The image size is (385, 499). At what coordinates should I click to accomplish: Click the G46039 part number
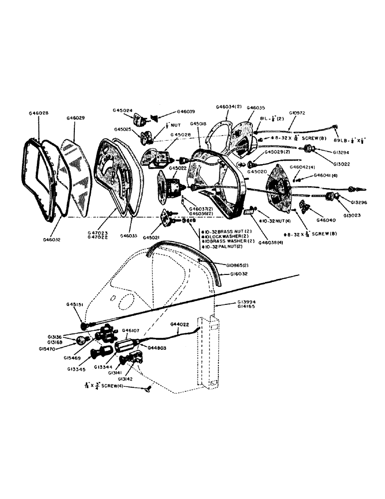[x=185, y=112]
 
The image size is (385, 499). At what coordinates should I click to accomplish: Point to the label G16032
[x=240, y=274]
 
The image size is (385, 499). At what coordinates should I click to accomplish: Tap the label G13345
[x=77, y=370]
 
